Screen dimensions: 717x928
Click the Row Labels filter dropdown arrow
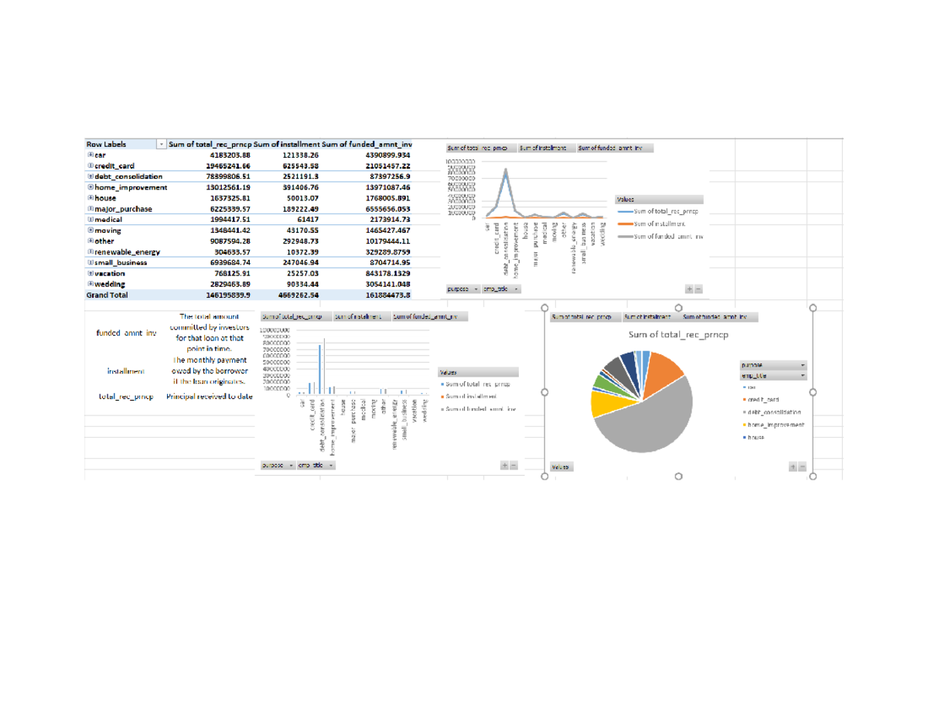[x=161, y=144]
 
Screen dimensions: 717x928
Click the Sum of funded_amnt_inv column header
[x=367, y=144]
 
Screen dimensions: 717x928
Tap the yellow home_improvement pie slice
[x=604, y=403]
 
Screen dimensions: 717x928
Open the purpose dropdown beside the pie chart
[x=802, y=365]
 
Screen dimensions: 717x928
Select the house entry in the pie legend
[x=756, y=437]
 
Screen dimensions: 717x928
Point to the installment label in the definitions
[x=125, y=371]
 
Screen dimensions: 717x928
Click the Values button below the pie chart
[x=560, y=466]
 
